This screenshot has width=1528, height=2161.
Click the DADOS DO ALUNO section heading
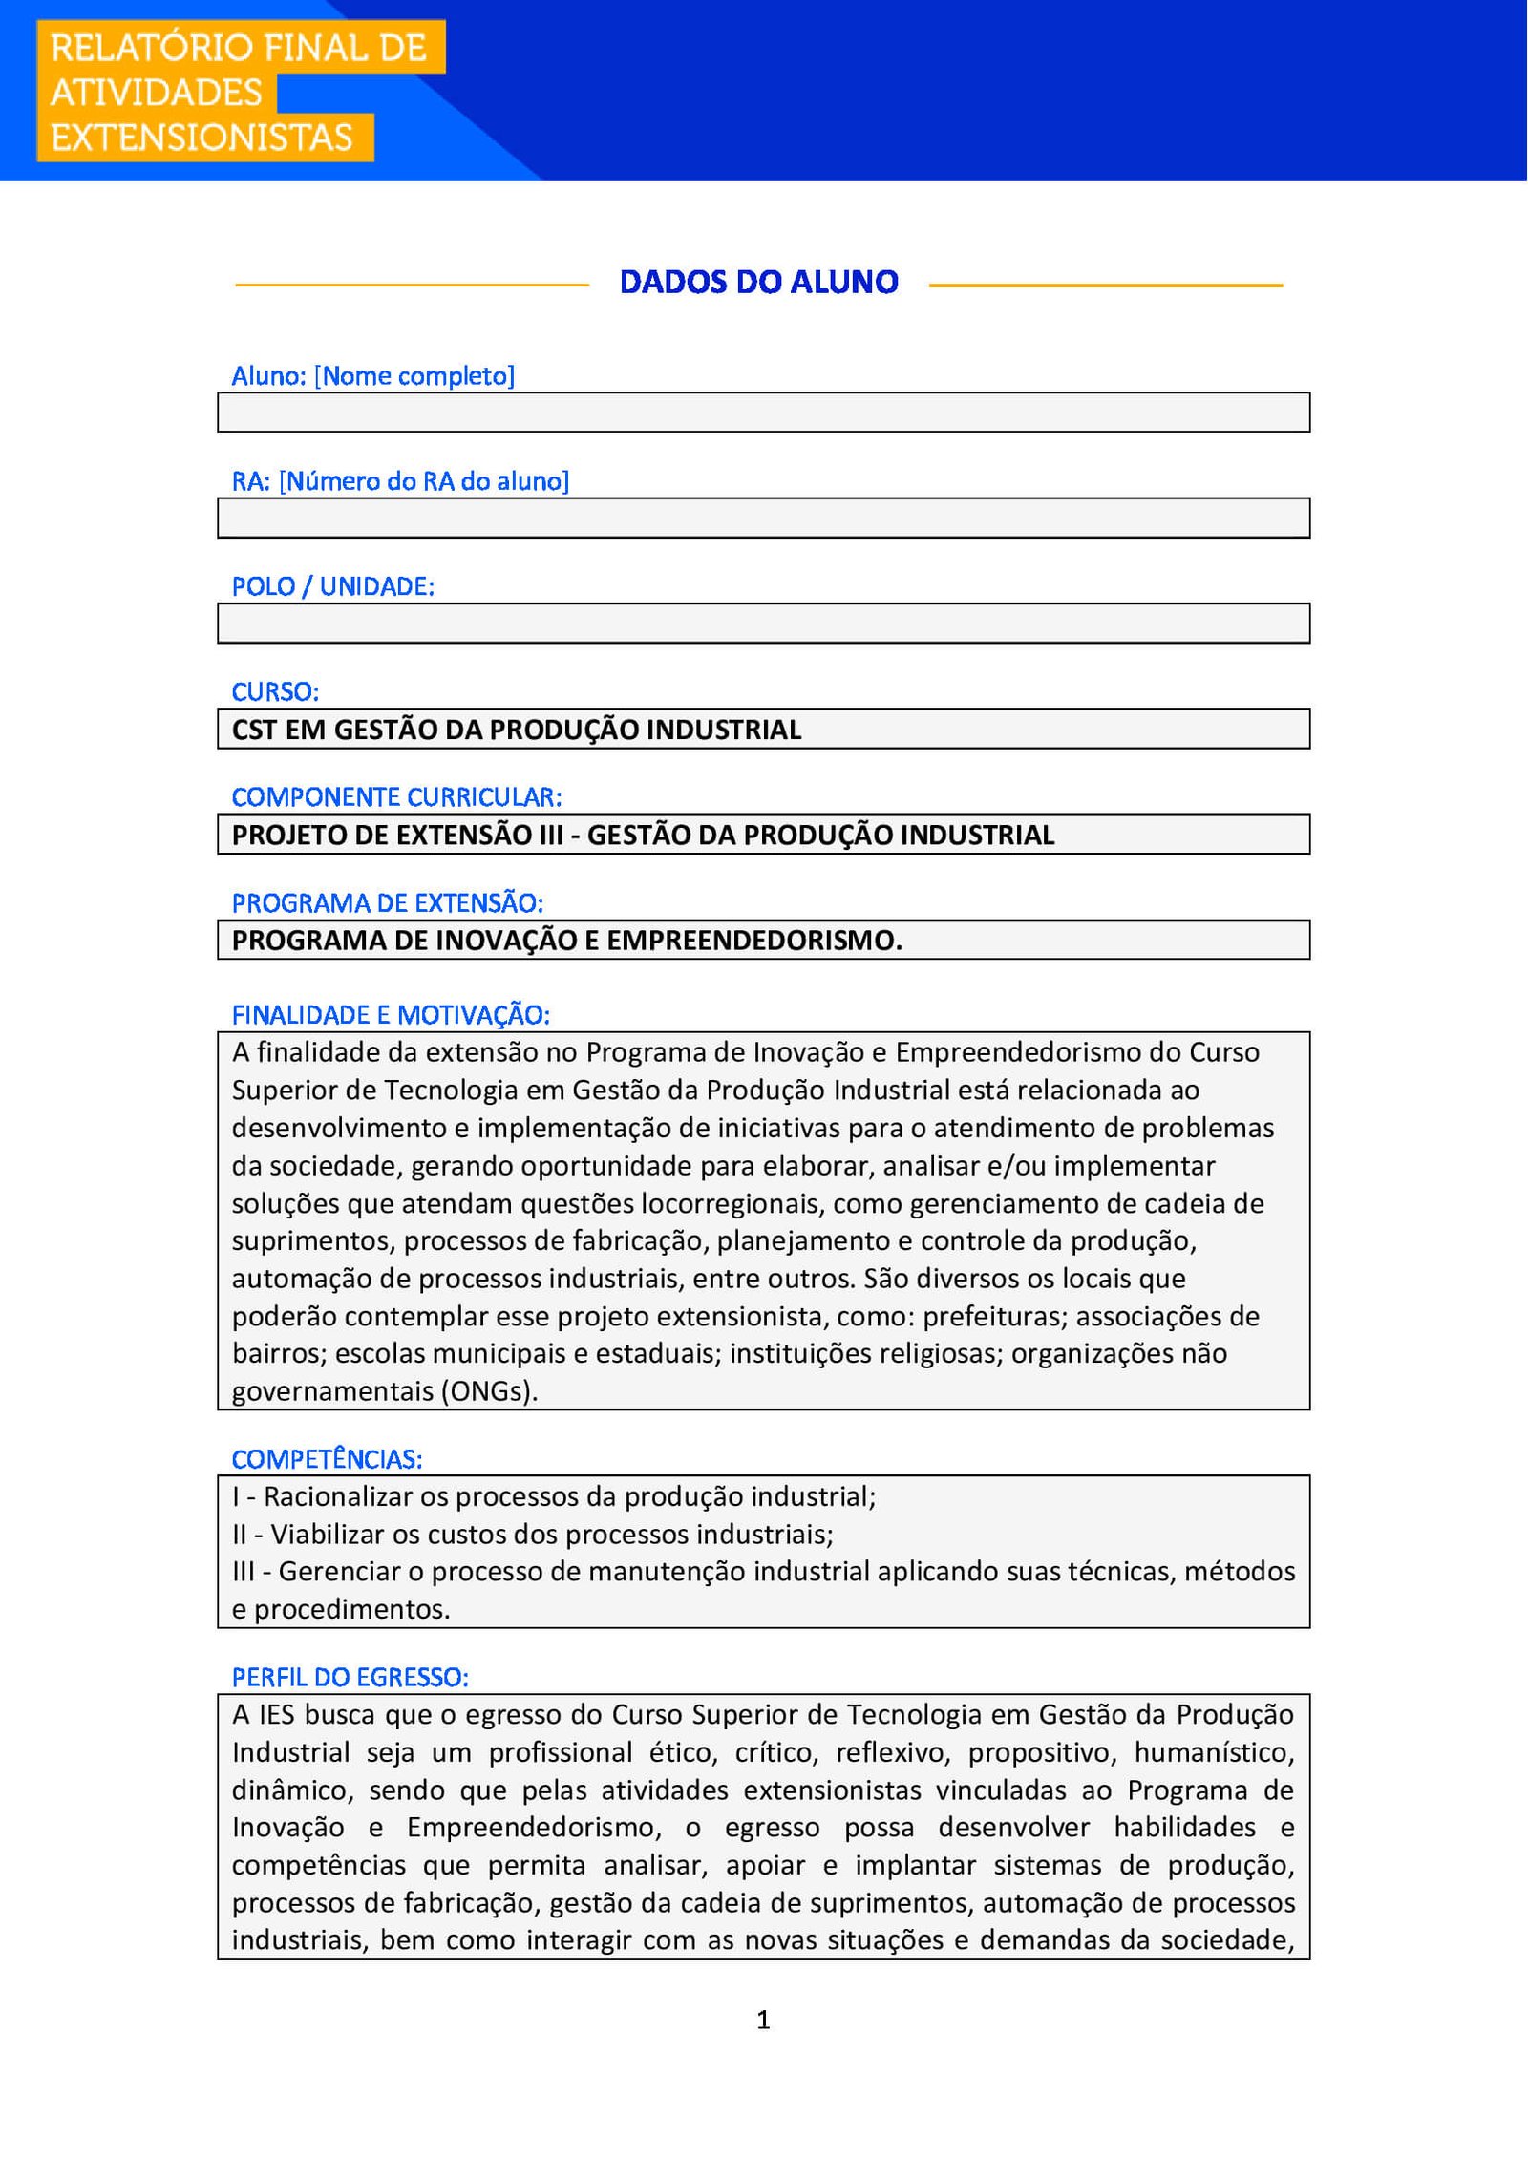click(758, 282)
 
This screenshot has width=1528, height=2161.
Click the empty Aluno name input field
click(763, 413)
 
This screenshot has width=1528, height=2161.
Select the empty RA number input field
click(763, 518)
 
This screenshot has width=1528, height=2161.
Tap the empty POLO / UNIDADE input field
click(763, 623)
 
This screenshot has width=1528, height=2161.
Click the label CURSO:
click(275, 691)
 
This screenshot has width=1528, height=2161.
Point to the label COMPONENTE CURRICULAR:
click(396, 796)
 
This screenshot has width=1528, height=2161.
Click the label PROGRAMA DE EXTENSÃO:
click(387, 902)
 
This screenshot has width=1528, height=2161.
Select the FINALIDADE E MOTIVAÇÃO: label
click(391, 1014)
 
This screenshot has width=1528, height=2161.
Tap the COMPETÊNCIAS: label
click(327, 1458)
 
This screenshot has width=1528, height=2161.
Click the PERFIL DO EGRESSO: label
click(350, 1677)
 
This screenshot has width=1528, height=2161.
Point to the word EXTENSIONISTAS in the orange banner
click(202, 138)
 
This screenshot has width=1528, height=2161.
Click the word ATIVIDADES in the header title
click(156, 93)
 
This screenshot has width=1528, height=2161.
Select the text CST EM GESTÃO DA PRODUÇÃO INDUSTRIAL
click(517, 730)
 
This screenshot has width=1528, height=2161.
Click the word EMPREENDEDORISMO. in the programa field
click(754, 941)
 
